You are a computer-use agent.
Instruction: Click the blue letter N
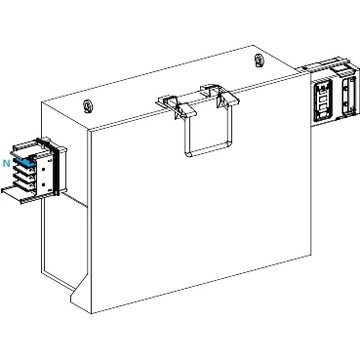click(x=7, y=163)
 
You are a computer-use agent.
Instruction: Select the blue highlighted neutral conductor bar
click(x=24, y=163)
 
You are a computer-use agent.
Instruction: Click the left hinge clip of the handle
click(x=169, y=101)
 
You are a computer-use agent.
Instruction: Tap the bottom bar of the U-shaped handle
click(x=209, y=150)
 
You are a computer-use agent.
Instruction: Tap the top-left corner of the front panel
click(x=90, y=131)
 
